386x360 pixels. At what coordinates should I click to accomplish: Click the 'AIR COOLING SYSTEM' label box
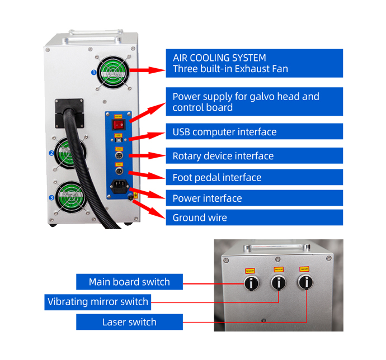coord(254,63)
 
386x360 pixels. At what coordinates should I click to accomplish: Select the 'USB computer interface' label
coord(254,132)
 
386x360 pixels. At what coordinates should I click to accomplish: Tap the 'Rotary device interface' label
coord(254,156)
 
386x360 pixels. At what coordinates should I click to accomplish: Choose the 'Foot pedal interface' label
coord(254,178)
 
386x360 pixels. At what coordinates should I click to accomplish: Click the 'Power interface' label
coord(254,198)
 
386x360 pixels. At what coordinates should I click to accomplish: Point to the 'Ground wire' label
coord(254,218)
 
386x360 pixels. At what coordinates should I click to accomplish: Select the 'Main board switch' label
coord(129,282)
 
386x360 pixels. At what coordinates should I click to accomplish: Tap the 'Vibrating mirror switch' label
coord(98,302)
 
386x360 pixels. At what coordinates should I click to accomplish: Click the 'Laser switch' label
coord(129,322)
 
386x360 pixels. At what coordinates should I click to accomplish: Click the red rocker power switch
coord(118,123)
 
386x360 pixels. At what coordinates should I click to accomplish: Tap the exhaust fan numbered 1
coord(115,72)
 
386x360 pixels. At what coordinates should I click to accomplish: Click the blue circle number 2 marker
coord(51,153)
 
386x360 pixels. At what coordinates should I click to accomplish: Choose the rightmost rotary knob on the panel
coord(304,283)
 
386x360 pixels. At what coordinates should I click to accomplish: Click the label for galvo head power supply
coord(254,102)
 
